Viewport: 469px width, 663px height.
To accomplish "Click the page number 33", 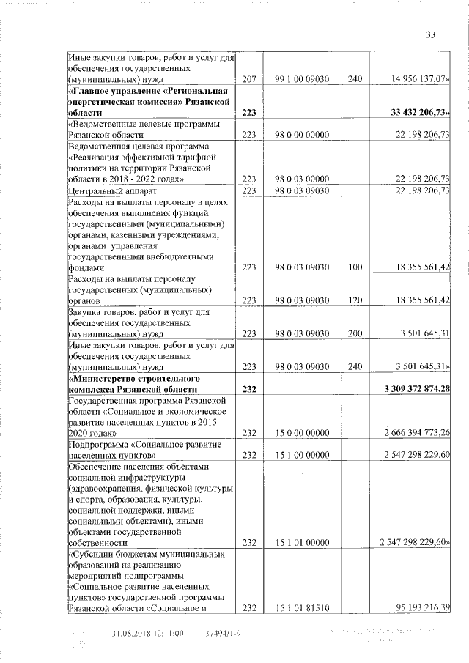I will pyautogui.click(x=431, y=34).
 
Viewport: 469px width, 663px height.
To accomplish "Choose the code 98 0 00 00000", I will pyautogui.click(x=300, y=135).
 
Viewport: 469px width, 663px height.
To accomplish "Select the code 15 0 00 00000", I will pyautogui.click(x=300, y=433).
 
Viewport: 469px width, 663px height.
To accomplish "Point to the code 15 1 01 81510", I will pyautogui.click(x=300, y=607).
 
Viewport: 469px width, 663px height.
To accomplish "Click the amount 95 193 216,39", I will pyautogui.click(x=421, y=607).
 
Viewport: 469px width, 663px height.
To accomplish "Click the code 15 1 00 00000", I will pyautogui.click(x=300, y=455).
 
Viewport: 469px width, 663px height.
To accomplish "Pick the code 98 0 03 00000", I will pyautogui.click(x=300, y=179).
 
